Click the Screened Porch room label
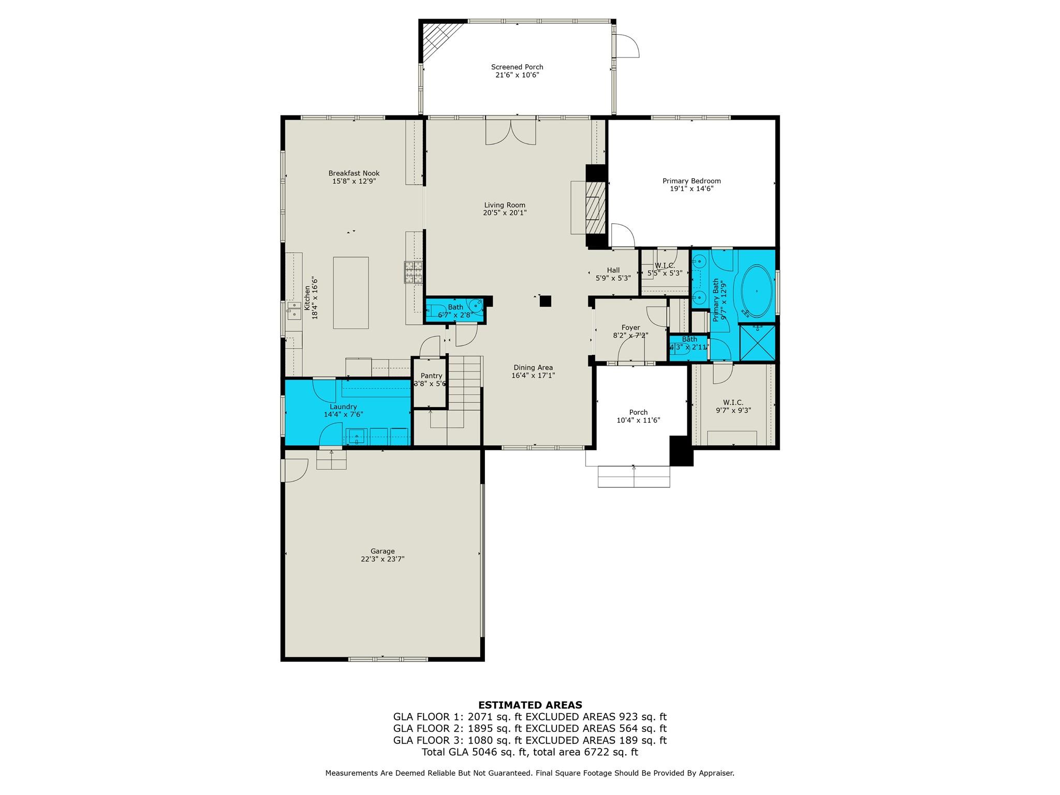tap(517, 67)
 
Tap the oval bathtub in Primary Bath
tap(756, 292)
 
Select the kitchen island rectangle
tap(350, 293)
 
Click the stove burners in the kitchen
tap(413, 272)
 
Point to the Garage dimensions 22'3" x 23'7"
tap(382, 559)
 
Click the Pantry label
tap(431, 376)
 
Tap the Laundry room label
tap(343, 407)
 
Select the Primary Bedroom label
tap(691, 181)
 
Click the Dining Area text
tap(533, 368)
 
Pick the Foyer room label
tap(630, 328)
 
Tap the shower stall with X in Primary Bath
tap(757, 342)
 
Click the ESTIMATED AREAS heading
tap(529, 705)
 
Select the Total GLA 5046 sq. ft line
tap(529, 752)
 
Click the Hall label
tap(613, 270)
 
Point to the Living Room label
tap(505, 205)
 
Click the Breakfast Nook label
tap(354, 174)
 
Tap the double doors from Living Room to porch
tap(510, 132)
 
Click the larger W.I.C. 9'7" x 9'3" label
tap(733, 402)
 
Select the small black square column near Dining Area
tap(545, 301)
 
